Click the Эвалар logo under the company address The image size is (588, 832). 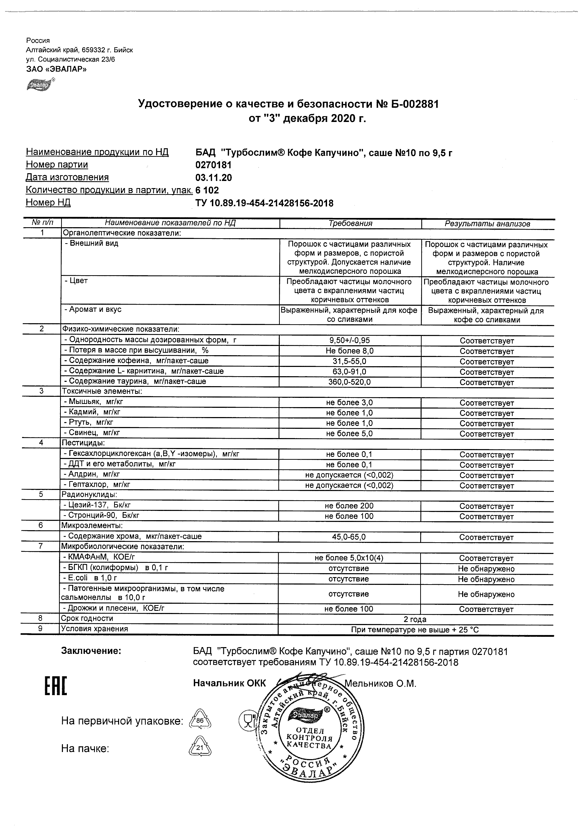tap(39, 86)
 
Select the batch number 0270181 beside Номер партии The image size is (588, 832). tap(213, 165)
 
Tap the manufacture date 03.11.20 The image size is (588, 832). tap(213, 178)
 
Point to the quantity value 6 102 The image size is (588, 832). tap(207, 191)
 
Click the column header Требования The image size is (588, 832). tap(350, 224)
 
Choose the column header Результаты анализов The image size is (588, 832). tap(487, 224)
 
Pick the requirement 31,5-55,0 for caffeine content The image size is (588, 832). tap(349, 361)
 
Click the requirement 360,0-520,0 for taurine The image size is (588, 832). tap(349, 382)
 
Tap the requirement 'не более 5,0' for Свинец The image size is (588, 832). tap(349, 434)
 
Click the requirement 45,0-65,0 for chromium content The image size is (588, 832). tap(349, 537)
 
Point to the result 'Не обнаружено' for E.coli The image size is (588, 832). tap(486, 579)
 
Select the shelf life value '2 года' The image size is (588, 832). tap(415, 619)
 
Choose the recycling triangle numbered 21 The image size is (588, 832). tap(201, 747)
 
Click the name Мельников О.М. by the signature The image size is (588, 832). tap(380, 684)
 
